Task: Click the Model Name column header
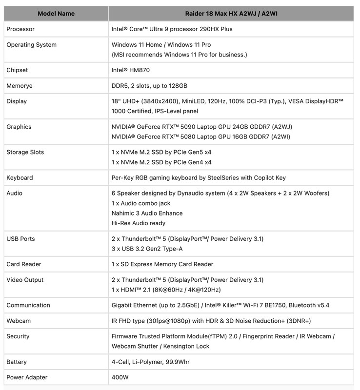pyautogui.click(x=56, y=14)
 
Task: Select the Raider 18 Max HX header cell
pyautogui.click(x=231, y=14)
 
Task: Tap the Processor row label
pyautogui.click(x=20, y=29)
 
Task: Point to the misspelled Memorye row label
pyautogui.click(x=20, y=86)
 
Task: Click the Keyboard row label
pyautogui.click(x=20, y=177)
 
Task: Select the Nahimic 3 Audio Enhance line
pyautogui.click(x=147, y=213)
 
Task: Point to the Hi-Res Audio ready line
pyautogui.click(x=139, y=223)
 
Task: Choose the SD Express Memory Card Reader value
pyautogui.click(x=162, y=264)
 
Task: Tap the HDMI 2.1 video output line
pyautogui.click(x=166, y=290)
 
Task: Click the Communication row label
pyautogui.click(x=28, y=305)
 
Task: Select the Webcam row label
pyautogui.click(x=18, y=321)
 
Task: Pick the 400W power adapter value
pyautogui.click(x=120, y=377)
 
